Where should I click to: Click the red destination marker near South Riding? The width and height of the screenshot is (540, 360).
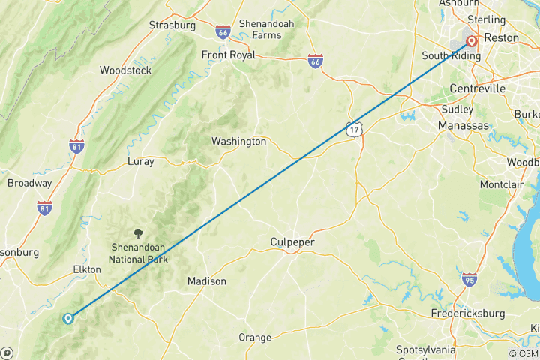[472, 42]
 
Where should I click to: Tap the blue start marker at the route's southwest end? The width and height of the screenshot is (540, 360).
[68, 318]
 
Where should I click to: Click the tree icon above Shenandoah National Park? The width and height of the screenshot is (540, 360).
[137, 234]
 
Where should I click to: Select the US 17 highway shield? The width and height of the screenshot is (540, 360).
[354, 130]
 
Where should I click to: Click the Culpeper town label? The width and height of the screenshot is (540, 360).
[292, 242]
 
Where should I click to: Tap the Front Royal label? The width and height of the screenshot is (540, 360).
[228, 55]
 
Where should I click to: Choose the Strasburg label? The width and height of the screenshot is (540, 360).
[172, 25]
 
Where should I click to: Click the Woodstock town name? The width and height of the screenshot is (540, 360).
[125, 70]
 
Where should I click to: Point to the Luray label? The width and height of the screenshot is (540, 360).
[140, 161]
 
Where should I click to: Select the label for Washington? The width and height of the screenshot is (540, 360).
[238, 141]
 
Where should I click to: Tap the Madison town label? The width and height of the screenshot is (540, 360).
[206, 281]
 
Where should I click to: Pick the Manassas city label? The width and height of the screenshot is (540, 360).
[463, 124]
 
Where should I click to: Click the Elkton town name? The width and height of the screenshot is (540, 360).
[86, 269]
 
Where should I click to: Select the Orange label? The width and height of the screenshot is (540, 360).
[254, 337]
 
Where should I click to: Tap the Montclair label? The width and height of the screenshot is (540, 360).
[502, 184]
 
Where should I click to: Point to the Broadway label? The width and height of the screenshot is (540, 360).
[29, 183]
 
